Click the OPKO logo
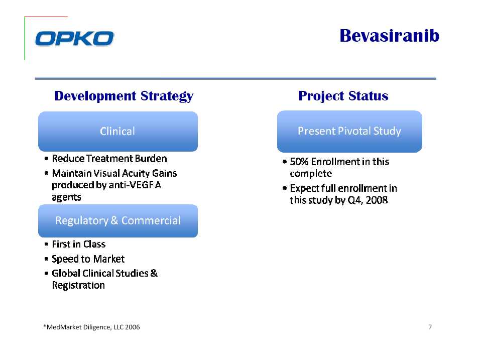(x=74, y=39)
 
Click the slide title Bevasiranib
(x=390, y=36)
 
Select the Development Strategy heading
(x=124, y=96)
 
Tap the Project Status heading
(x=343, y=96)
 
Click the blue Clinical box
(x=117, y=131)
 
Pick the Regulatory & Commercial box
(x=117, y=221)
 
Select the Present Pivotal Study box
(x=349, y=131)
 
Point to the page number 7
(x=430, y=327)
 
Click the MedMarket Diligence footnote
(x=91, y=327)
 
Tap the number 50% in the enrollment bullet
(x=299, y=162)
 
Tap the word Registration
(x=78, y=286)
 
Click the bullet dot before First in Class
(x=46, y=245)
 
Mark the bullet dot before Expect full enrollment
(x=284, y=188)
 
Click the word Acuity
(x=135, y=173)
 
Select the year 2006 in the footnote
(x=133, y=327)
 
